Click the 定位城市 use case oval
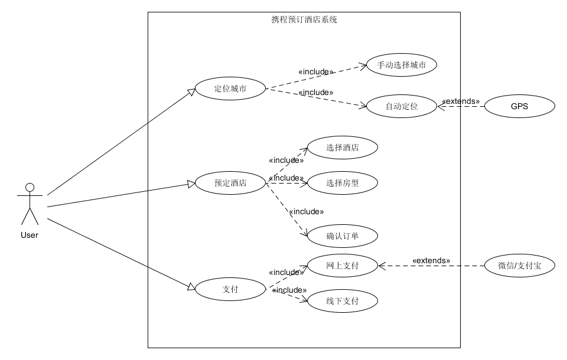(x=230, y=89)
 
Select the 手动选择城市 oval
(x=402, y=65)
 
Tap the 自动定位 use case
(x=402, y=107)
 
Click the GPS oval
(x=519, y=107)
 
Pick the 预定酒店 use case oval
(x=230, y=183)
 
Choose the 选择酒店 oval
(x=343, y=148)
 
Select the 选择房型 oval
(x=343, y=183)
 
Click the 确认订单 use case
(x=343, y=236)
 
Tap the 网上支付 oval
(x=343, y=266)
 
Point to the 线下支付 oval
(x=343, y=301)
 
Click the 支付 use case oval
(x=230, y=289)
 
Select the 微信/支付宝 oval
(x=519, y=266)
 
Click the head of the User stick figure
(x=30, y=188)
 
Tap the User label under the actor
(x=29, y=235)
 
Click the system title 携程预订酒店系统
(x=304, y=19)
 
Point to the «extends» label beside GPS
(x=461, y=101)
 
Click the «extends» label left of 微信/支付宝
(x=431, y=260)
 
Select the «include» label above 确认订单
(x=305, y=211)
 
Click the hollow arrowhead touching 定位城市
(x=191, y=91)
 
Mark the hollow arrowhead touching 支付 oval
(x=191, y=287)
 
